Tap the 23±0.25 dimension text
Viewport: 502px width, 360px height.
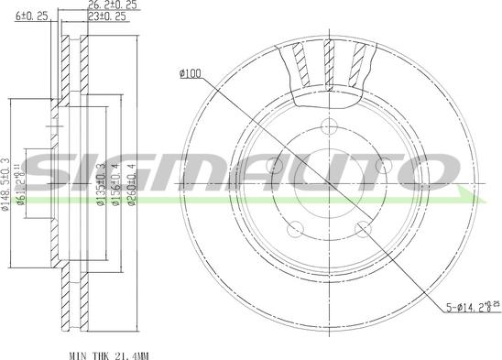pyautogui.click(x=106, y=16)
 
